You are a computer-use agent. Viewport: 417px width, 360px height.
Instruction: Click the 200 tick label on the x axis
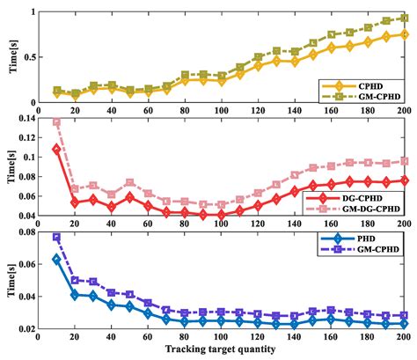point(404,339)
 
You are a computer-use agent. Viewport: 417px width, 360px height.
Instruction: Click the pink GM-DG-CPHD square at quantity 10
point(57,122)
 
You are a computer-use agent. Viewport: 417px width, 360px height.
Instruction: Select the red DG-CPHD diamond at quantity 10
point(57,149)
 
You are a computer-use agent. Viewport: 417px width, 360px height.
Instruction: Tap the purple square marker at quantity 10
point(57,237)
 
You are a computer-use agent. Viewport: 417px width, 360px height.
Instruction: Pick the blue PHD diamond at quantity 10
point(57,259)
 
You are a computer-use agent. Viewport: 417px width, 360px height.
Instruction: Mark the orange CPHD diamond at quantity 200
point(404,35)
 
